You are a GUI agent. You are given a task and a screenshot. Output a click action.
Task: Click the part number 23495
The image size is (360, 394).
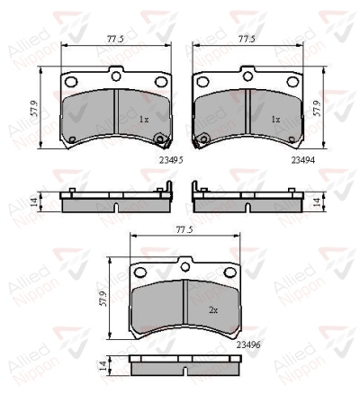tap(171, 160)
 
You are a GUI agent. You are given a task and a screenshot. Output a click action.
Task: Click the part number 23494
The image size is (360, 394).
tap(303, 160)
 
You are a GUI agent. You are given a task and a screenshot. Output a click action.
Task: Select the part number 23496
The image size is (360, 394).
tap(248, 345)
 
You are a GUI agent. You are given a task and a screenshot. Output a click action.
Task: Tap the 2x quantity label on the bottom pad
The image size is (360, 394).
tap(213, 310)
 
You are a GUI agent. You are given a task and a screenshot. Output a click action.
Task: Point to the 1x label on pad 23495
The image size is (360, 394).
tap(144, 120)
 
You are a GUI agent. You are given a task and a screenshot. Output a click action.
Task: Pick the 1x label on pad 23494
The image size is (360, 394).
tap(275, 120)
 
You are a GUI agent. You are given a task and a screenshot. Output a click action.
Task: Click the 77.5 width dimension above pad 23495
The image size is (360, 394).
tap(115, 39)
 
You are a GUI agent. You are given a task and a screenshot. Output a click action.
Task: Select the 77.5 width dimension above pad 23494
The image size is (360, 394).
tap(247, 39)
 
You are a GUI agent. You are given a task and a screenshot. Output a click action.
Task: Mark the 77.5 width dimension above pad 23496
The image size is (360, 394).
tap(184, 230)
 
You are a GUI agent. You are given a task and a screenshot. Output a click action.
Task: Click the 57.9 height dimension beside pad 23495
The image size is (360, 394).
tap(35, 109)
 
